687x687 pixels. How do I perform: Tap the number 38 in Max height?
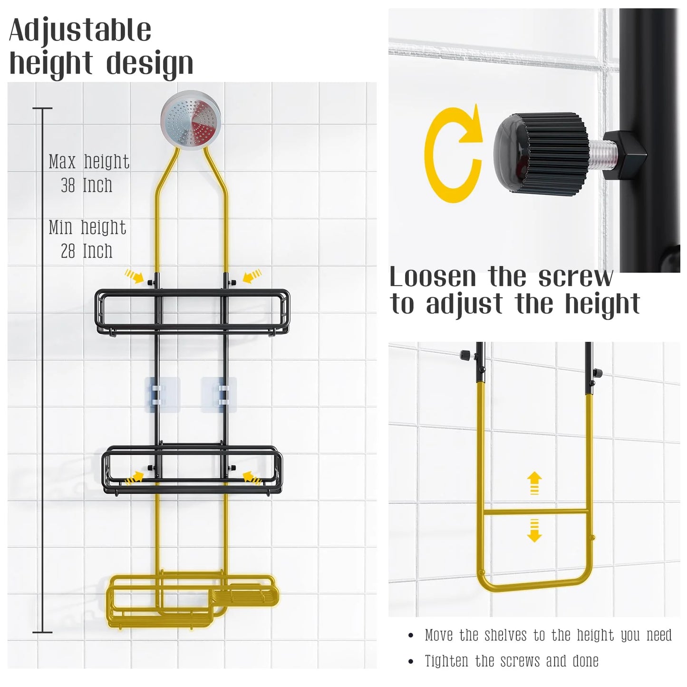(68, 185)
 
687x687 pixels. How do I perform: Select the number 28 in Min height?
(68, 251)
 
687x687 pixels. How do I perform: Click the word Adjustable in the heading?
(80, 31)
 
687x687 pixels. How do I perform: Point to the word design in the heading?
(150, 65)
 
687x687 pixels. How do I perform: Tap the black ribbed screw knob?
(541, 153)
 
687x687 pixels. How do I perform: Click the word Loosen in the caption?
(433, 277)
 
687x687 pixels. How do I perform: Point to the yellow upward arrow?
(534, 483)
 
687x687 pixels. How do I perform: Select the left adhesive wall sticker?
(162, 395)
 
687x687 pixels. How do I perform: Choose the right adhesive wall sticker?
(219, 395)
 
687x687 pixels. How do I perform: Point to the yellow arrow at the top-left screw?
(134, 276)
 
